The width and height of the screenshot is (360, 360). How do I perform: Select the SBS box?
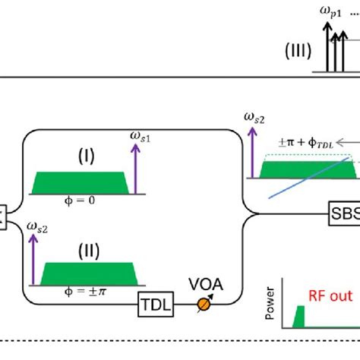pyautogui.click(x=344, y=210)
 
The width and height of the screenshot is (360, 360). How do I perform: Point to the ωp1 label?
pyautogui.click(x=333, y=12)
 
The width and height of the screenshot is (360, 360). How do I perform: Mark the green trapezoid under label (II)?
pyautogui.click(x=84, y=270)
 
